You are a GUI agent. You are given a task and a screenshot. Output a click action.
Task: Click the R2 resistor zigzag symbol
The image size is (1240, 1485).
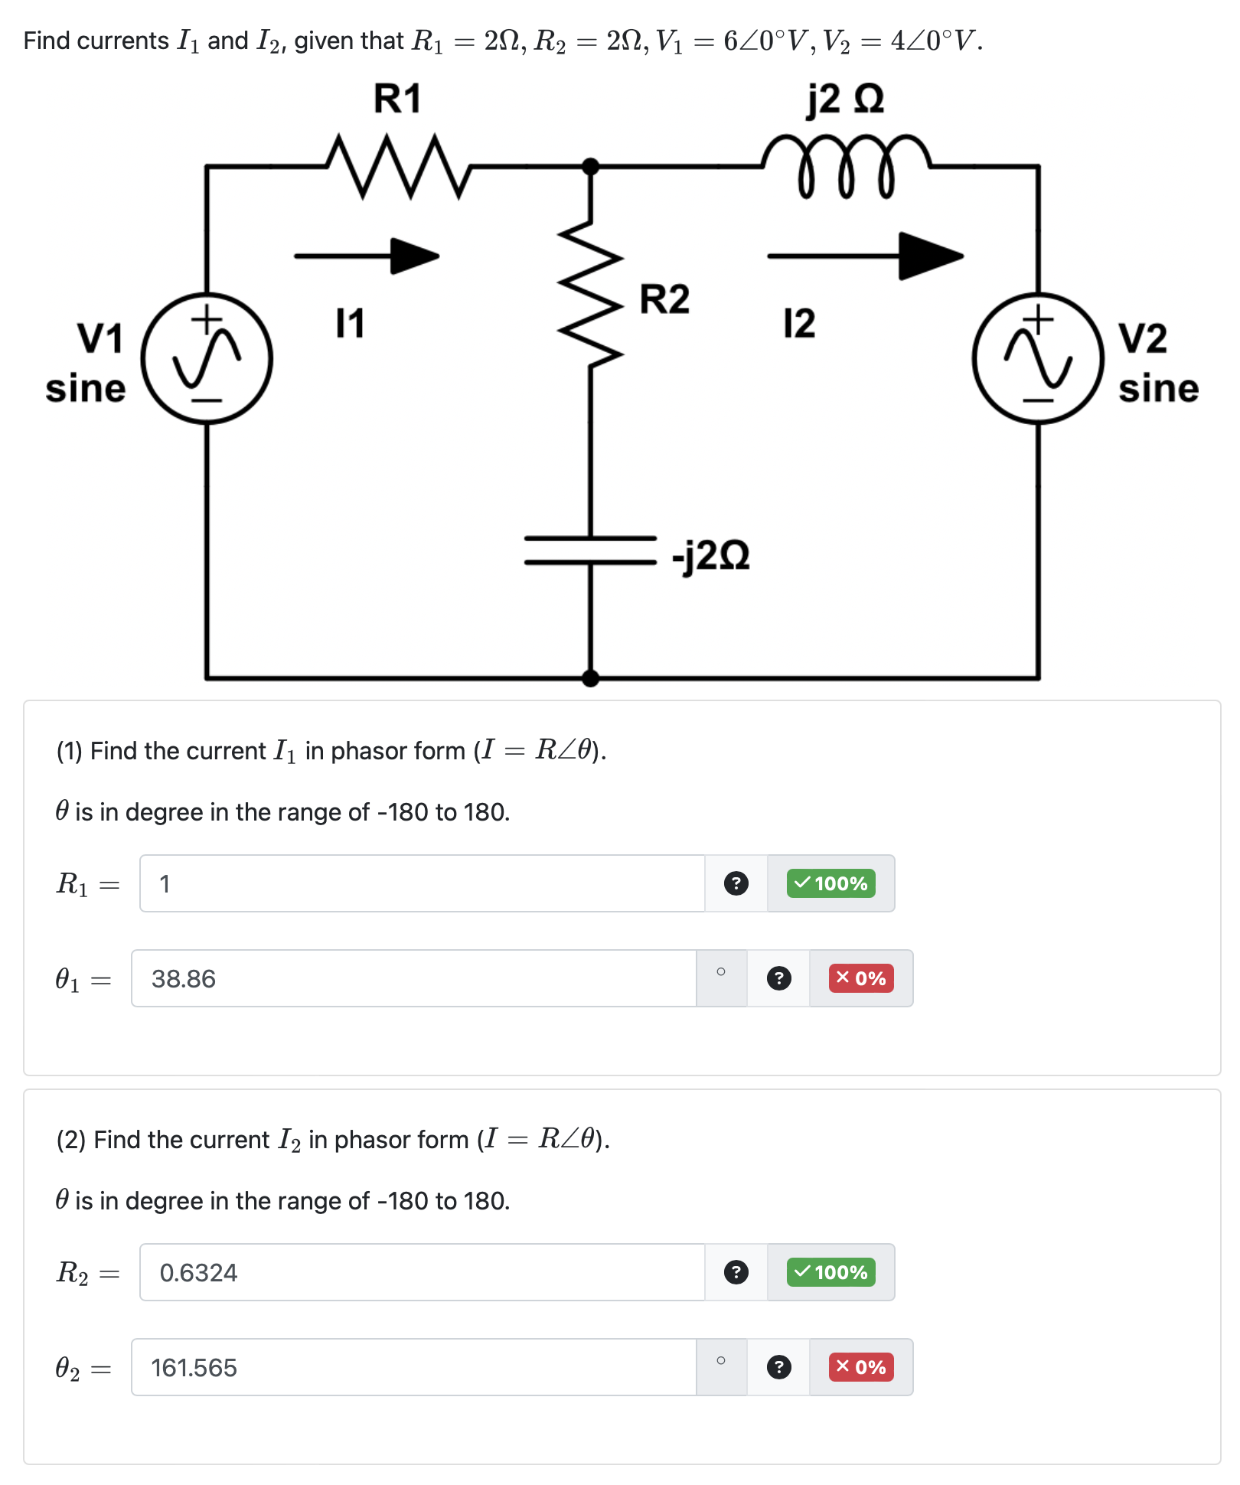pyautogui.click(x=590, y=291)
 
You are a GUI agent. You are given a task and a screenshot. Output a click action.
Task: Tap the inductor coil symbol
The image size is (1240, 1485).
pyautogui.click(x=845, y=165)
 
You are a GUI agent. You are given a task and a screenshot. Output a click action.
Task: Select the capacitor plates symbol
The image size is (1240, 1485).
pyautogui.click(x=590, y=550)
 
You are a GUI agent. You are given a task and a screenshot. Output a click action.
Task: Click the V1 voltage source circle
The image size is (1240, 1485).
pyautogui.click(x=207, y=358)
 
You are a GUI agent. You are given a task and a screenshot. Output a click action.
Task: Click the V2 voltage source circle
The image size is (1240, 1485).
pyautogui.click(x=1038, y=358)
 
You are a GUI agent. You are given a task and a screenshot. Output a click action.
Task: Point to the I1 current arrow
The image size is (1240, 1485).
pyautogui.click(x=367, y=256)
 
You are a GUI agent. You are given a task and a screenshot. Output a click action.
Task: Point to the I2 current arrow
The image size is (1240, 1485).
pyautogui.click(x=865, y=256)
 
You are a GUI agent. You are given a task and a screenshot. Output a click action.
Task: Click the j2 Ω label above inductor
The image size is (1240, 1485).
pyautogui.click(x=845, y=100)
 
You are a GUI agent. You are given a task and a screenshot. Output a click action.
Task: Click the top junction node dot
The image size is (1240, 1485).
pyautogui.click(x=590, y=165)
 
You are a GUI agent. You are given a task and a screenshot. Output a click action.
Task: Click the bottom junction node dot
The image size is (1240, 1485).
pyautogui.click(x=590, y=677)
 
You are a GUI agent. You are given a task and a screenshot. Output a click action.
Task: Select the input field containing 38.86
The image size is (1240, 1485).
pyautogui.click(x=413, y=978)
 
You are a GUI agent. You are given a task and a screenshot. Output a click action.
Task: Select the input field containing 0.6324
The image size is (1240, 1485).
pyautogui.click(x=421, y=1272)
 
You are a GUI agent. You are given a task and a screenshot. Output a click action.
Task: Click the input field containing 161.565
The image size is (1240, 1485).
pyautogui.click(x=413, y=1367)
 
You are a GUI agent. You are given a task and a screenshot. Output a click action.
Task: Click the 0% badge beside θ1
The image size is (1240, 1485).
pyautogui.click(x=861, y=978)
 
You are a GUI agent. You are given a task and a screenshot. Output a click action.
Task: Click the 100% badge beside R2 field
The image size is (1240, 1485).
pyautogui.click(x=830, y=1272)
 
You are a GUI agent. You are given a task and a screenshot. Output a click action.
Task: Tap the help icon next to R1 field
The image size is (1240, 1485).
pyautogui.click(x=736, y=883)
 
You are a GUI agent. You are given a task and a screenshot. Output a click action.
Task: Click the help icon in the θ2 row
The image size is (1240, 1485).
pyautogui.click(x=778, y=1367)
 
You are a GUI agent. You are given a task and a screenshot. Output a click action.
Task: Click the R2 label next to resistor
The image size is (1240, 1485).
pyautogui.click(x=664, y=299)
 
